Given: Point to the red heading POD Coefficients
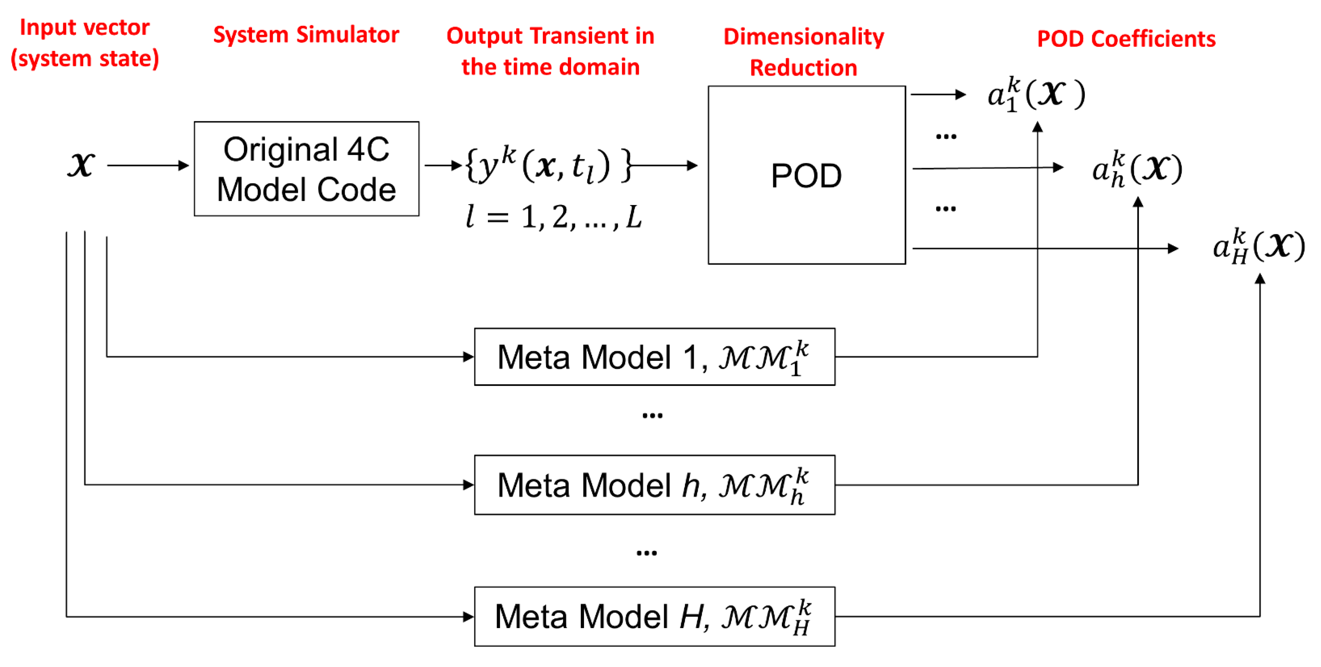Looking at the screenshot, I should pyautogui.click(x=1126, y=39).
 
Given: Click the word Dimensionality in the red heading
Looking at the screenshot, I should pyautogui.click(x=804, y=36).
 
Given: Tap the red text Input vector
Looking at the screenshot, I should pyautogui.click(x=85, y=27).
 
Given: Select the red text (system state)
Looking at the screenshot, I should pyautogui.click(x=85, y=58).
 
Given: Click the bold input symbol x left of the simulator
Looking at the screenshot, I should pyautogui.click(x=81, y=165).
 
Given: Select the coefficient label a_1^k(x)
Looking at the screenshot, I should pyautogui.click(x=1036, y=94).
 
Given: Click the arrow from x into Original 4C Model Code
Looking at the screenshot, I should pyautogui.click(x=148, y=165).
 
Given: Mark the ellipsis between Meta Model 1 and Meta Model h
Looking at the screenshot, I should pyautogui.click(x=652, y=415).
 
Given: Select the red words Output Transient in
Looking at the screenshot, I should pyautogui.click(x=550, y=36).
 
